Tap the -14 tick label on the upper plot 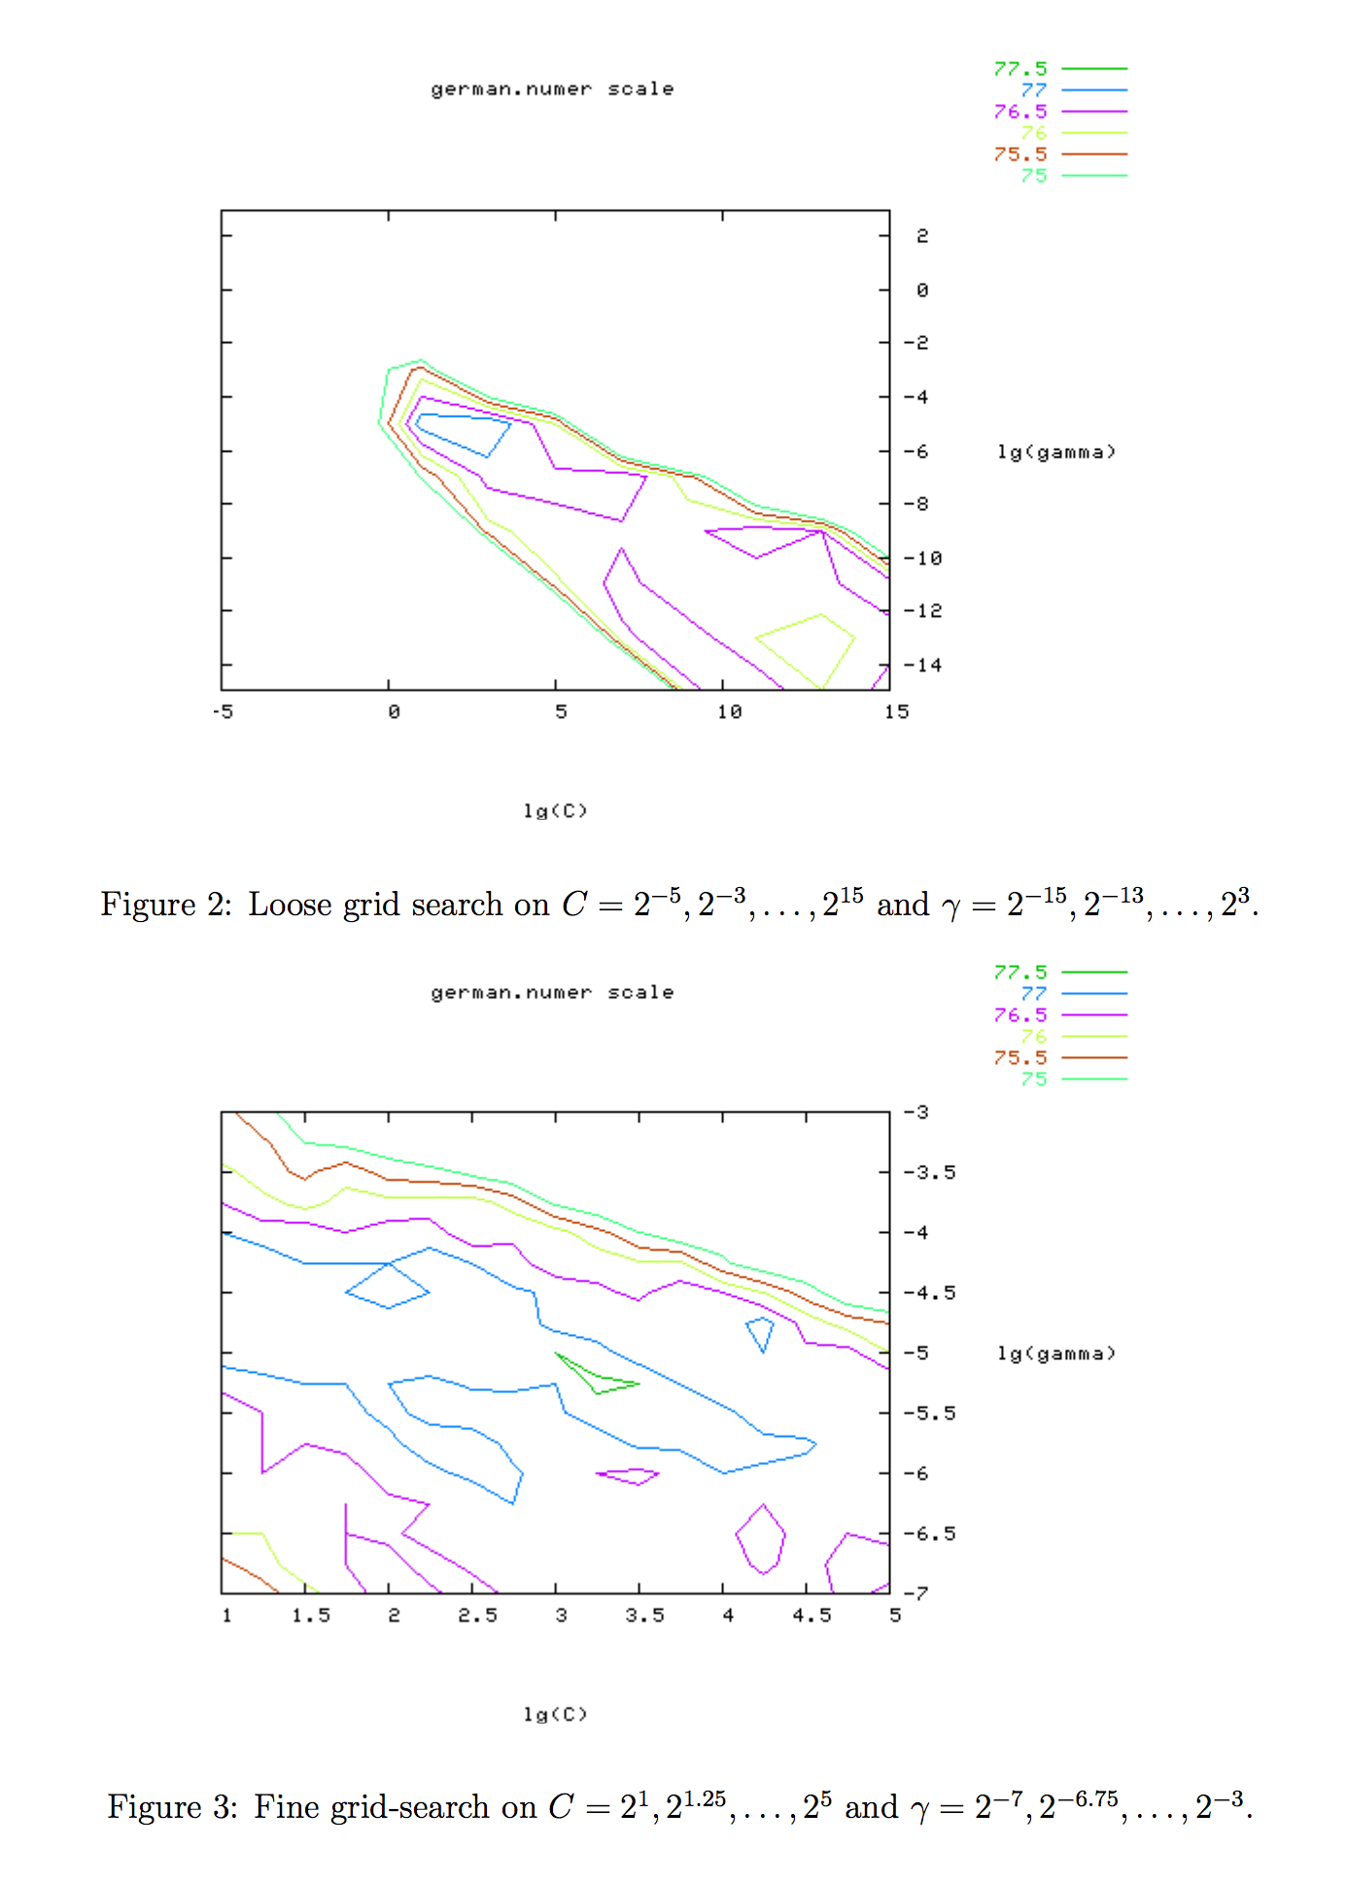click(x=922, y=665)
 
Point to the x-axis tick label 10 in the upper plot click(x=729, y=712)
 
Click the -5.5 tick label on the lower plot click(x=929, y=1413)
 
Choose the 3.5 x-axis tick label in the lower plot click(x=644, y=1615)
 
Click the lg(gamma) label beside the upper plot click(x=1056, y=452)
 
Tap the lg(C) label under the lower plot click(x=555, y=1714)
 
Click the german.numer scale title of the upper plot click(x=552, y=89)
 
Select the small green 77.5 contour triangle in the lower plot click(x=595, y=1377)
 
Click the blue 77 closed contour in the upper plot click(x=463, y=431)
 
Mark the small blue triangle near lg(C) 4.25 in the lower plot click(x=761, y=1330)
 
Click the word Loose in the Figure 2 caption click(x=291, y=905)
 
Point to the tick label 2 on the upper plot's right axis click(x=922, y=236)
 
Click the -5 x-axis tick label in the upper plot click(x=223, y=712)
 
